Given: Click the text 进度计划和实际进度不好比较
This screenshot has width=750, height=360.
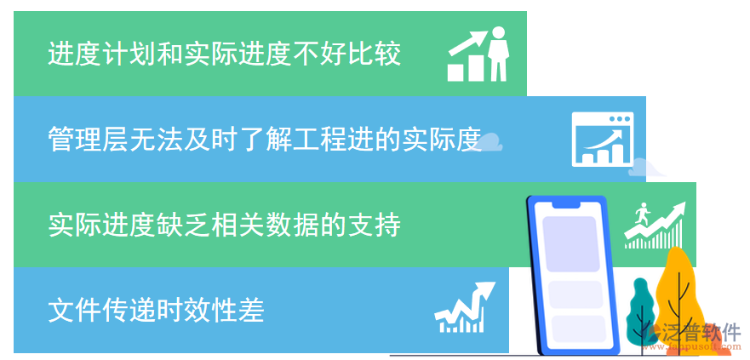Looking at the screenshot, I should (224, 55).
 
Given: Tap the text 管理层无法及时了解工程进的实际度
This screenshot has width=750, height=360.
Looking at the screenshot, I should (265, 139).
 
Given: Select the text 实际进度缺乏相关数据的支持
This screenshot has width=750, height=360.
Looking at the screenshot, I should (224, 225).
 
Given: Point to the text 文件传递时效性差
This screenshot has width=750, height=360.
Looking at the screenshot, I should (156, 310).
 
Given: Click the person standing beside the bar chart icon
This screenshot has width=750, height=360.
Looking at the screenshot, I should (498, 53).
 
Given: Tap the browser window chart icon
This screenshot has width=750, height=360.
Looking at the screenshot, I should (604, 139).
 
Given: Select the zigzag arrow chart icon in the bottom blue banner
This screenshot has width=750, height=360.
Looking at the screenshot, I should (464, 308).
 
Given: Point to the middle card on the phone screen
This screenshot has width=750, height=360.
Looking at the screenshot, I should (576, 294).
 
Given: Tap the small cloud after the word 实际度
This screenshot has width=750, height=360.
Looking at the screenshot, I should (491, 143).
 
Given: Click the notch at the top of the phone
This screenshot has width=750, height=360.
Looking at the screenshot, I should (566, 205).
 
